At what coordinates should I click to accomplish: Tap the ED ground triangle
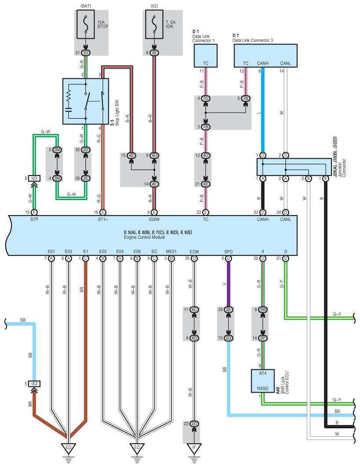click(x=68, y=448)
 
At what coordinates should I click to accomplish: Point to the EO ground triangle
click(x=137, y=448)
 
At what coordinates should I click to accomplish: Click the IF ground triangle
click(x=194, y=448)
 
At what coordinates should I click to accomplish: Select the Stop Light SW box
click(x=85, y=101)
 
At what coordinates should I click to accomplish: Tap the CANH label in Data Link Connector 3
click(x=263, y=63)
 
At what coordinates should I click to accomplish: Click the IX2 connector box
click(x=34, y=383)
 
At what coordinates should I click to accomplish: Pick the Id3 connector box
click(x=34, y=178)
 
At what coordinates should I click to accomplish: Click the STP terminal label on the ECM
click(x=34, y=219)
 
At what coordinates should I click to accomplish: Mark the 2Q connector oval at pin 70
click(x=228, y=338)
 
